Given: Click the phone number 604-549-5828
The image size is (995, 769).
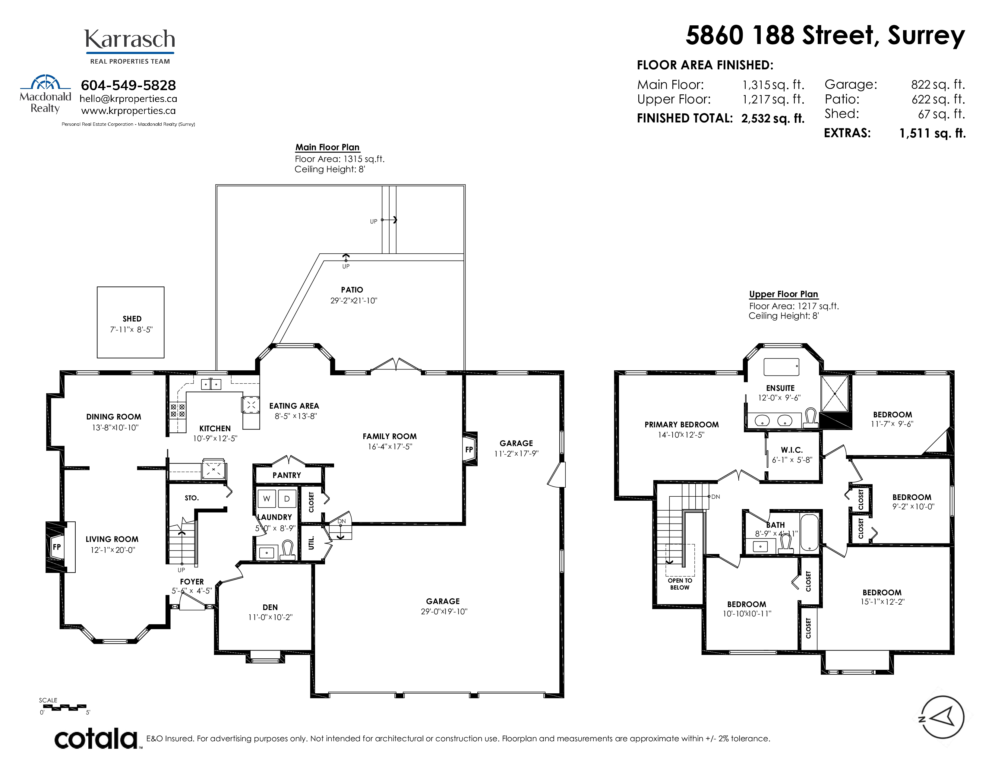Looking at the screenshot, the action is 128,85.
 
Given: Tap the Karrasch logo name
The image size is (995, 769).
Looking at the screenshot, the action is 130,39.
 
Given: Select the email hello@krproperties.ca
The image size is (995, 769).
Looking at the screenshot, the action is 128,99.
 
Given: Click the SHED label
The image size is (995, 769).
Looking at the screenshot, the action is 132,319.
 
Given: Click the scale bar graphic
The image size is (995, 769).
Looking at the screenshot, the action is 64,707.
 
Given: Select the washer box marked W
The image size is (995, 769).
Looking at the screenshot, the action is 267,499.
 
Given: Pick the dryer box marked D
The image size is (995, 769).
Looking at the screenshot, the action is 287,499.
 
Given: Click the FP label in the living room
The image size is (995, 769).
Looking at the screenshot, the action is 56,547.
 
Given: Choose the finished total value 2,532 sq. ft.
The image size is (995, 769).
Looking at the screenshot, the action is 773,119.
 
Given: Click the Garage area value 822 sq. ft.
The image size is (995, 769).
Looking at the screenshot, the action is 938,85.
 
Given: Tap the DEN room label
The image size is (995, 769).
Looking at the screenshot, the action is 270,607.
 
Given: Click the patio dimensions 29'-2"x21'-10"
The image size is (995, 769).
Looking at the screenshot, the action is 354,301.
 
